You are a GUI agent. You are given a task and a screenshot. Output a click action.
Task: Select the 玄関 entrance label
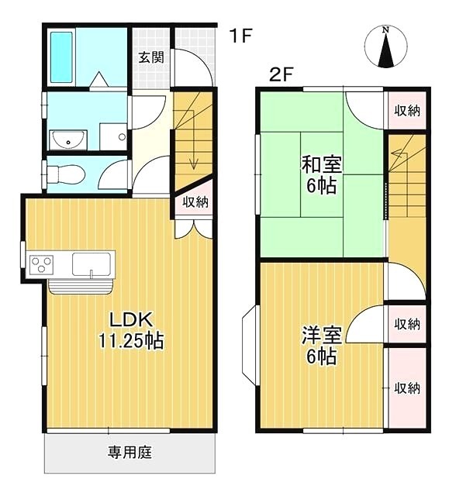click(150, 57)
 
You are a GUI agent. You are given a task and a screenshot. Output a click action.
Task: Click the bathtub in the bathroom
click(62, 57)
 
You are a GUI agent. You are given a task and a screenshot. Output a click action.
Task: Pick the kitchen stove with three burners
click(40, 263)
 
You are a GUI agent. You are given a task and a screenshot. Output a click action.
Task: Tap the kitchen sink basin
click(92, 264)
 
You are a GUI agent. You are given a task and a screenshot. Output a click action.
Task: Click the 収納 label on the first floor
click(195, 202)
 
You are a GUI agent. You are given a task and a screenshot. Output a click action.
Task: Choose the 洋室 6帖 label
click(320, 346)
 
